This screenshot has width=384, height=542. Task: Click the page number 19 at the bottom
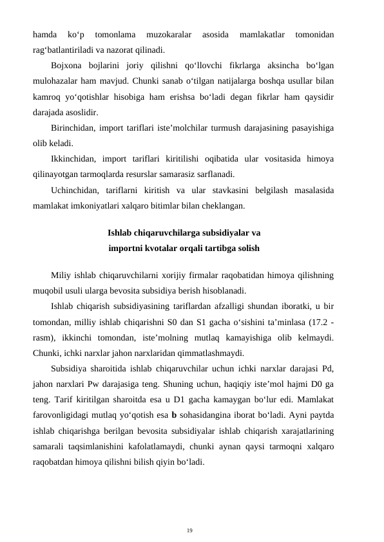pos(189,530)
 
